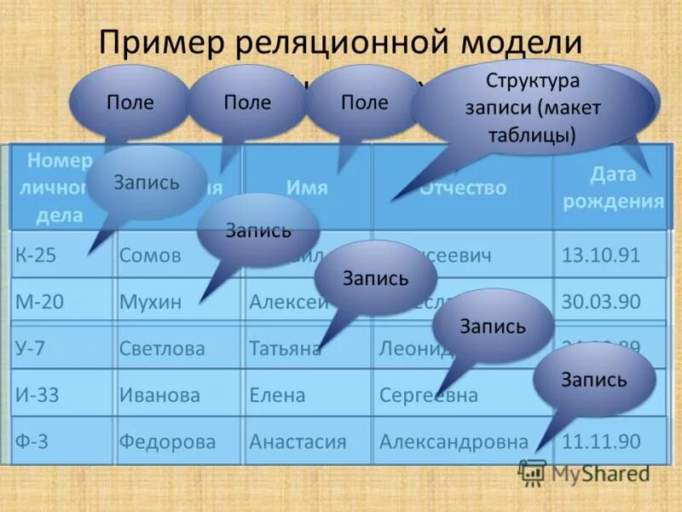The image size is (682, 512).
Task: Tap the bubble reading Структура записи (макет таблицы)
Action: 532,108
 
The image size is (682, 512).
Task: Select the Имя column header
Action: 307,188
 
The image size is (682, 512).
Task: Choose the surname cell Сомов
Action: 150,255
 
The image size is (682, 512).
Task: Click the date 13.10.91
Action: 601,255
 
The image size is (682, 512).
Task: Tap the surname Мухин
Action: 151,301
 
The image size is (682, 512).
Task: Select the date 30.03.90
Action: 601,301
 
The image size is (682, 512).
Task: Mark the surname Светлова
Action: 162,348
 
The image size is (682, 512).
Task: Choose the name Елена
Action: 277,395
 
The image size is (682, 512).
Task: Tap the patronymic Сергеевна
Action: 428,395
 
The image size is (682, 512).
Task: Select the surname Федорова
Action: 167,442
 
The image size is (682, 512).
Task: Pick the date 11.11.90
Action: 601,442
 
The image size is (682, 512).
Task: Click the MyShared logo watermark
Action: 584,474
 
